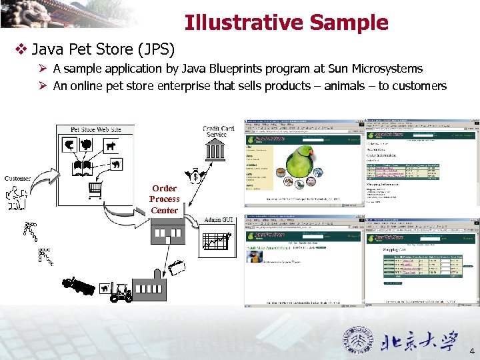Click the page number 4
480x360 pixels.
(x=472, y=351)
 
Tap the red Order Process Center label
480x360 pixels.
(x=164, y=199)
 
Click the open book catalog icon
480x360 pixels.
(x=83, y=167)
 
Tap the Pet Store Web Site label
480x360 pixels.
(x=96, y=129)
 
